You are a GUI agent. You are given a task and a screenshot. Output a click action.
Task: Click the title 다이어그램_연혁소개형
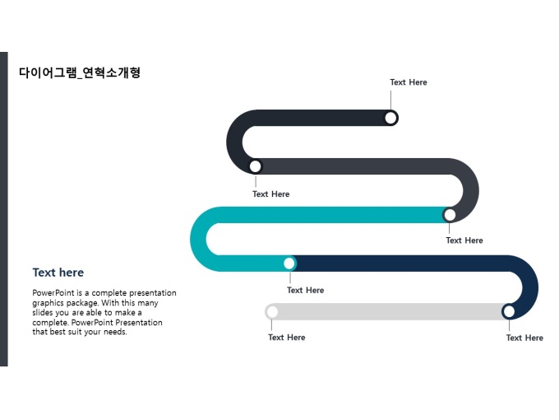coord(80,72)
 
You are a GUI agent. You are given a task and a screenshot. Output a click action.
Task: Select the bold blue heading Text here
coord(58,273)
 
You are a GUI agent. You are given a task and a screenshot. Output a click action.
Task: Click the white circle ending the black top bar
coord(391,118)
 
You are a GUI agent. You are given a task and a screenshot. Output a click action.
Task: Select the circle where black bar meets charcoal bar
coord(256,166)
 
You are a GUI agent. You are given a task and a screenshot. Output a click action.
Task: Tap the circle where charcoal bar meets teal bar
coord(450,215)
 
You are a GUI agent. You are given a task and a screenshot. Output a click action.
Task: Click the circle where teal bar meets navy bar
coord(289,264)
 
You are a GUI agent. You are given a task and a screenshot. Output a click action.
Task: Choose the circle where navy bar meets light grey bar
coord(509,311)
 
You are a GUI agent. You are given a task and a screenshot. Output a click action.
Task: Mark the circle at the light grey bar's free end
coord(272,311)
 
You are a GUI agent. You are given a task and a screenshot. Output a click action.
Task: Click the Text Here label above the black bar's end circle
coord(409,82)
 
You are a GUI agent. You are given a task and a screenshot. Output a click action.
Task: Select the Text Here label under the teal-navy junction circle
coord(305,290)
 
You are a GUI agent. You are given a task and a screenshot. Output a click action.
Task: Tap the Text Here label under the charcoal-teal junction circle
coord(464,240)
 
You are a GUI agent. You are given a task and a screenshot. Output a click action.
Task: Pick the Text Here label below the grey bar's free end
coord(286,338)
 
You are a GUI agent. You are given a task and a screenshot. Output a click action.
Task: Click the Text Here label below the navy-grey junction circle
coord(524,338)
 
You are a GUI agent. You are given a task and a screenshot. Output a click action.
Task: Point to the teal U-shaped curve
coord(200,239)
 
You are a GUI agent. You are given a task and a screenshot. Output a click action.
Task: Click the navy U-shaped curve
coord(529,284)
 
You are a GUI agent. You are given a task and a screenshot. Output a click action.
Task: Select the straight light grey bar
coord(386,311)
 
